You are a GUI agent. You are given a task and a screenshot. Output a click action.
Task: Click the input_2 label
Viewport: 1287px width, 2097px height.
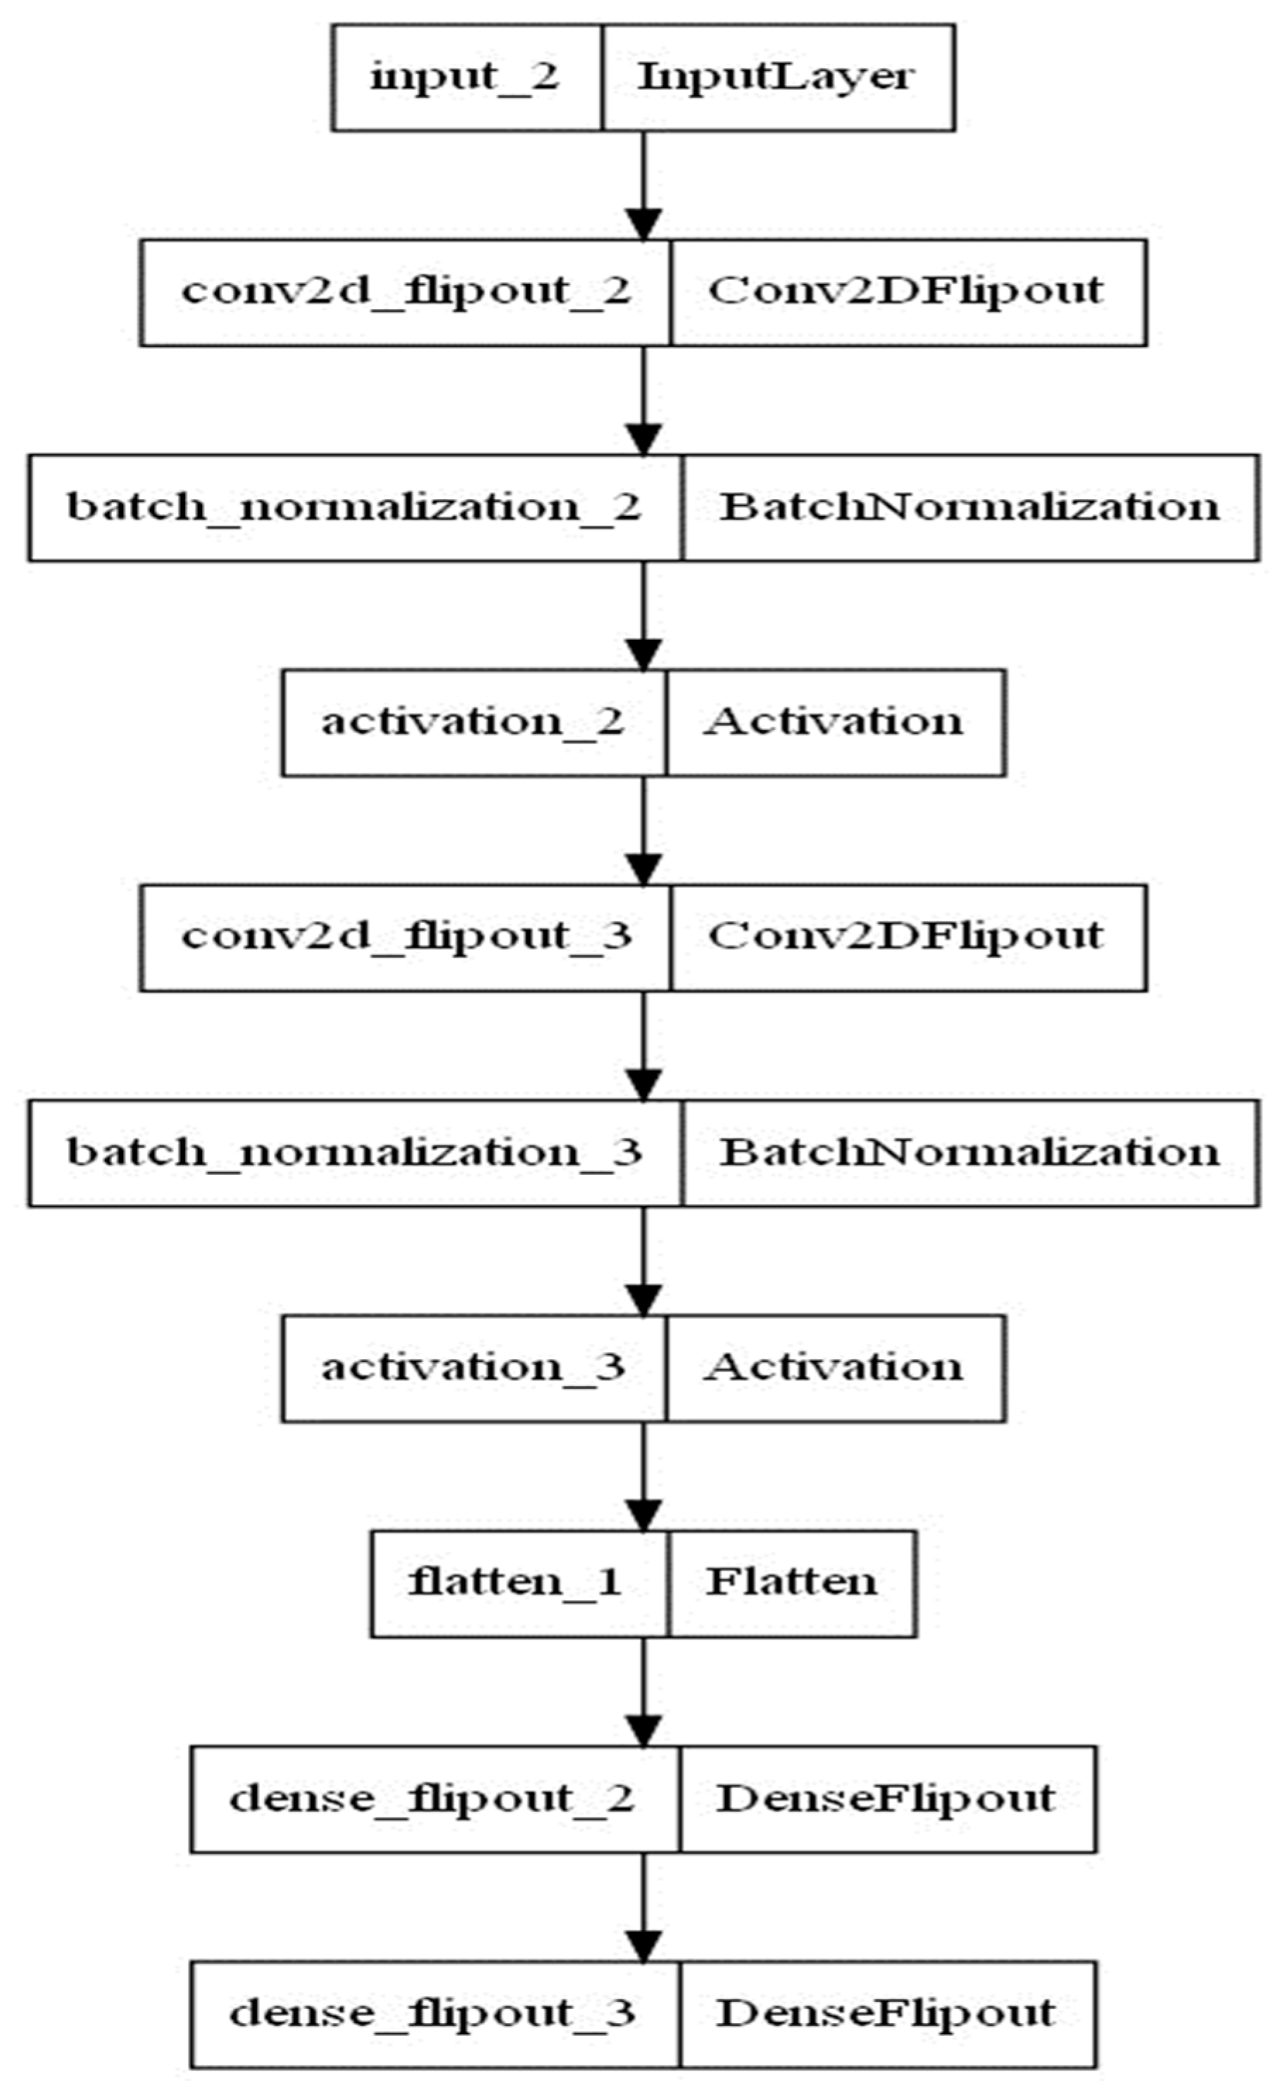(x=465, y=77)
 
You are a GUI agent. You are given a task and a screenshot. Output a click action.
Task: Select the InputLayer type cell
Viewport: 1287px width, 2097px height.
(x=777, y=77)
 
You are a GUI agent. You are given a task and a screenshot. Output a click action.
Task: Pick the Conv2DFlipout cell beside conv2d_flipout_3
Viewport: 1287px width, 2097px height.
(x=907, y=937)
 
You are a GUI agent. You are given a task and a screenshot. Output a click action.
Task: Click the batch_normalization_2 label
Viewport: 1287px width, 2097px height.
(x=355, y=508)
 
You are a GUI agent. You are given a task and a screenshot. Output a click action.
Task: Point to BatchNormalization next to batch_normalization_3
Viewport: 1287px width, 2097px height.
(x=969, y=1152)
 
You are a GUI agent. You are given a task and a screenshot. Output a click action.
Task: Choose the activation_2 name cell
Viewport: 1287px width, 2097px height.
(x=473, y=722)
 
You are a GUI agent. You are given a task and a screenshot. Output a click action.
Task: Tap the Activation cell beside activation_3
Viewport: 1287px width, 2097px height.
(x=834, y=1368)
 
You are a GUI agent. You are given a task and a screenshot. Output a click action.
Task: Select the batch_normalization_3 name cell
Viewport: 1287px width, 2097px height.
(x=355, y=1152)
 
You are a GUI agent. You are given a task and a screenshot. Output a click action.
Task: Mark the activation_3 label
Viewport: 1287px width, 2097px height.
(x=473, y=1368)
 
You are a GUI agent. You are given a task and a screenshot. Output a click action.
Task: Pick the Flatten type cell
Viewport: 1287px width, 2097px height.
(x=791, y=1583)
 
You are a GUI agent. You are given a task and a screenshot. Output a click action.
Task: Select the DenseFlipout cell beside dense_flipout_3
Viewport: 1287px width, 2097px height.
(x=887, y=2014)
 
